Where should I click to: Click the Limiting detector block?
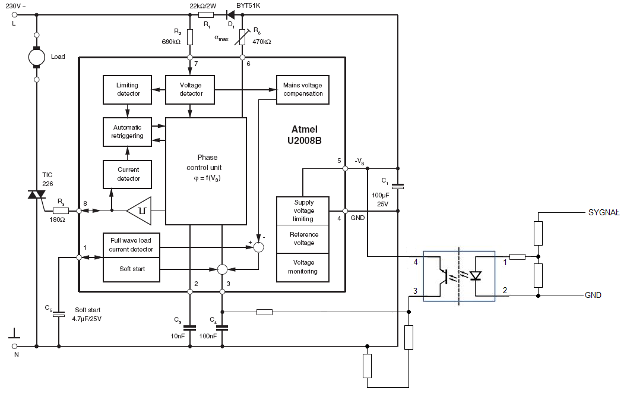pyautogui.click(x=127, y=90)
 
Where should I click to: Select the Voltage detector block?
pyautogui.click(x=190, y=90)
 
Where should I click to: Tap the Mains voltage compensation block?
pyautogui.click(x=303, y=90)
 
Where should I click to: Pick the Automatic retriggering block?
pyautogui.click(x=127, y=132)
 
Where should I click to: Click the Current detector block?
pyautogui.click(x=127, y=174)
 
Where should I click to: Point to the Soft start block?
pyautogui.click(x=132, y=269)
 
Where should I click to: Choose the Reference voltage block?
pyautogui.click(x=303, y=239)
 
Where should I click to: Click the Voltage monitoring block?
pyautogui.click(x=303, y=267)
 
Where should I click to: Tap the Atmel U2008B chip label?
pyautogui.click(x=305, y=135)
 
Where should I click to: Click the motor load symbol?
pyautogui.click(x=37, y=57)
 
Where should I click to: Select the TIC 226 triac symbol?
pyautogui.click(x=37, y=195)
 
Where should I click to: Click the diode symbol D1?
pyautogui.click(x=230, y=15)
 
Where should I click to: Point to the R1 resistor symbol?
pyautogui.click(x=206, y=15)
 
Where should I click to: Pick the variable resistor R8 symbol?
pyautogui.click(x=242, y=37)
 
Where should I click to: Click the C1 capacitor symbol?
pyautogui.click(x=398, y=186)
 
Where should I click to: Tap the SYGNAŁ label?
pyautogui.click(x=604, y=213)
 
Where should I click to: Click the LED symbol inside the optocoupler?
pyautogui.click(x=476, y=275)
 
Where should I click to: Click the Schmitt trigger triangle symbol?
pyautogui.click(x=139, y=211)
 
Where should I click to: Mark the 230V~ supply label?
pyautogui.click(x=16, y=6)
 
